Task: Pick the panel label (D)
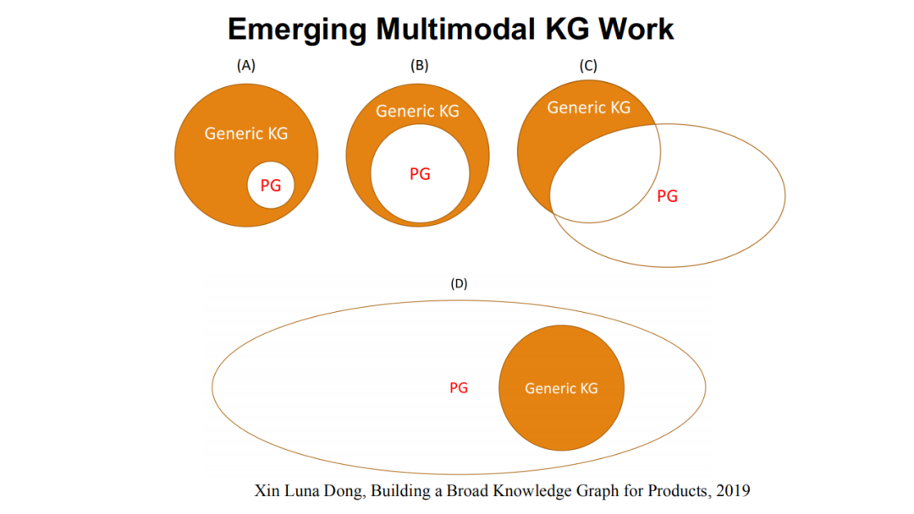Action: pos(459,284)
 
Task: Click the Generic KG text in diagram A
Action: pos(246,134)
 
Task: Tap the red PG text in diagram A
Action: pos(271,186)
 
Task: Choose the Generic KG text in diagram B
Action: pos(417,111)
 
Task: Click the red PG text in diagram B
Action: pos(420,174)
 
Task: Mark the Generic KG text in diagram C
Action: pos(589,107)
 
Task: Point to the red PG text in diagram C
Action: pos(668,196)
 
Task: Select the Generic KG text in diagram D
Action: pos(561,388)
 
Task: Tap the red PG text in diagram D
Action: pos(459,388)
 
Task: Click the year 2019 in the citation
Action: pos(733,490)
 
